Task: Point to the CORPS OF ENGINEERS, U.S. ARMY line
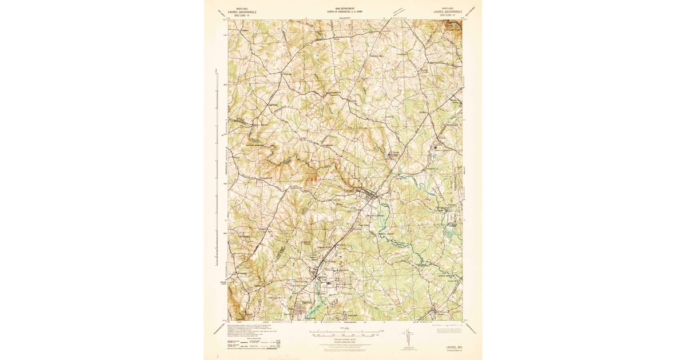[x=345, y=11]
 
